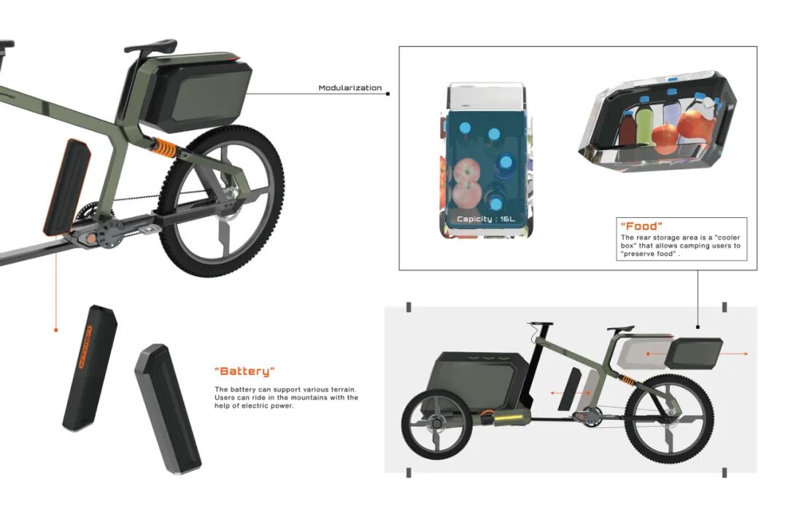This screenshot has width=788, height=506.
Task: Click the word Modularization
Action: coord(349,88)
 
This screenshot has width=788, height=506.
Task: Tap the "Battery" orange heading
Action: coord(245,371)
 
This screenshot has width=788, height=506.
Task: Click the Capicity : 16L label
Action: coord(486,219)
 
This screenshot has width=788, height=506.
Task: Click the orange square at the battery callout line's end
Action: coord(56,330)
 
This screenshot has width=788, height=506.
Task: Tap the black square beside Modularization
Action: coord(387,93)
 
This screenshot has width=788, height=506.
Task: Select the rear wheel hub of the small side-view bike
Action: coord(668,421)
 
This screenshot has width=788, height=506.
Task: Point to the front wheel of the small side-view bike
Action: coord(430,423)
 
